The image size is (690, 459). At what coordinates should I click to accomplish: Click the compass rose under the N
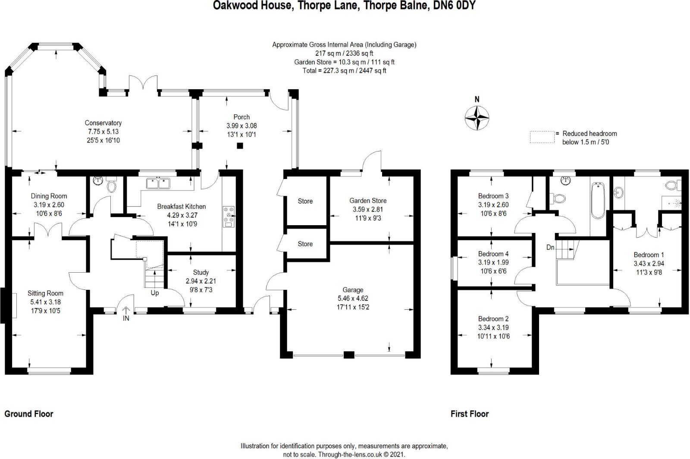point(477,118)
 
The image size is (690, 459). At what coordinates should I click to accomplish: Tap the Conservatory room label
point(103,123)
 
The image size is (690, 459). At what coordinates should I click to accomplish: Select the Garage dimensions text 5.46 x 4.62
point(353,298)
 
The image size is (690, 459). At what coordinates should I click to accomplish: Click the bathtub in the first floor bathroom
point(598,200)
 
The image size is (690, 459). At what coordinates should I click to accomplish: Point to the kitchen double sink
point(158,183)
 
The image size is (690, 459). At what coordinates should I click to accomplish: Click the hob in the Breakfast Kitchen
point(229,217)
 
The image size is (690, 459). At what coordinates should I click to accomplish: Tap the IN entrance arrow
point(126,310)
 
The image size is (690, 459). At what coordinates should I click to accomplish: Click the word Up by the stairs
point(155,293)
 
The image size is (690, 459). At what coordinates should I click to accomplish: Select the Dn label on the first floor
point(550,247)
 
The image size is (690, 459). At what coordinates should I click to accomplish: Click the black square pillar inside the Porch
point(240,146)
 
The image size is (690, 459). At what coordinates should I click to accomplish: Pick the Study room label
point(201,272)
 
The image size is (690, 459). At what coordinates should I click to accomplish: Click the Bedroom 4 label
point(493,254)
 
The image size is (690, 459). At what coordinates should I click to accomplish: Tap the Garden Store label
point(368,201)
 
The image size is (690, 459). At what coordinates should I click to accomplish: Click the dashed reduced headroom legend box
point(542,137)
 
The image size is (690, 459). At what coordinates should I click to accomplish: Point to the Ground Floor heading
point(28,414)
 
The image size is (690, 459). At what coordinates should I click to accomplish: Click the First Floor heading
point(470,414)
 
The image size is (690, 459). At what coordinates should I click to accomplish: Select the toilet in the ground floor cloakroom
point(111,185)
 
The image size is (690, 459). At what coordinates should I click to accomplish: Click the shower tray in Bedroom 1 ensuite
point(672,204)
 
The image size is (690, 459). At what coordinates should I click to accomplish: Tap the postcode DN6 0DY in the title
point(455,5)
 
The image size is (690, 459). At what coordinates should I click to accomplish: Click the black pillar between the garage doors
point(349,355)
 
